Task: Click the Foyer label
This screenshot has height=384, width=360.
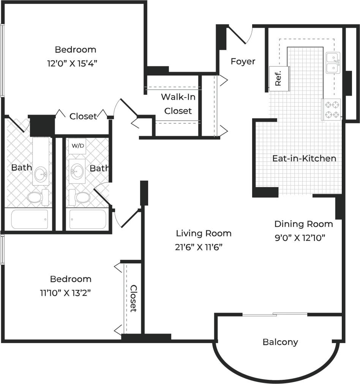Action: (243, 61)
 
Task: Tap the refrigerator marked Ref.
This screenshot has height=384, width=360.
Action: (279, 79)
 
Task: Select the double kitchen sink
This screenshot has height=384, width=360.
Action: (333, 63)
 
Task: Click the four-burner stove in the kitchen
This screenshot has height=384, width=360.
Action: (332, 109)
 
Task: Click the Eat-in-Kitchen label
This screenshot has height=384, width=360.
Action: (304, 158)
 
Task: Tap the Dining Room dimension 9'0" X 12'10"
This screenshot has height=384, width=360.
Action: (301, 238)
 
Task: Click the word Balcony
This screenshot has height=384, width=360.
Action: (280, 342)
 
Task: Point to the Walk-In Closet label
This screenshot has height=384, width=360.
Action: (178, 104)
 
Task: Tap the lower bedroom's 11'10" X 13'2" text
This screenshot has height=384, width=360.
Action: (66, 293)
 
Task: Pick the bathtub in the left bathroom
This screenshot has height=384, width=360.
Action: (30, 219)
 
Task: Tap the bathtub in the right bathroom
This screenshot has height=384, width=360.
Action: (88, 219)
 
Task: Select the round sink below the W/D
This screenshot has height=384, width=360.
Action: (78, 171)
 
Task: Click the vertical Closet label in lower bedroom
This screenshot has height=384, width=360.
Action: (133, 299)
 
